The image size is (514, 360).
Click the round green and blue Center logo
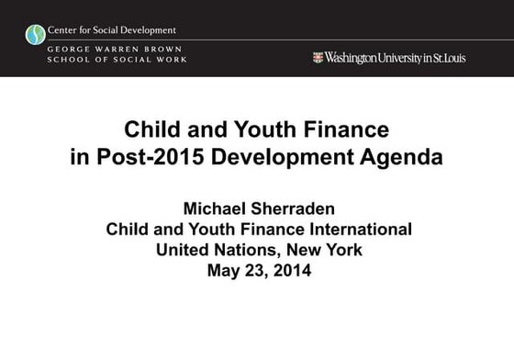click(x=36, y=35)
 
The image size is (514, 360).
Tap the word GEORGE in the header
click(x=72, y=48)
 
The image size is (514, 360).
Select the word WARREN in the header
click(x=118, y=48)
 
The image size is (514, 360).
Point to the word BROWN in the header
click(x=164, y=48)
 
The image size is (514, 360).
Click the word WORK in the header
click(x=172, y=59)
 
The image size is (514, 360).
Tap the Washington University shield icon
click(x=318, y=57)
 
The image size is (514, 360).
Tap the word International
click(x=357, y=229)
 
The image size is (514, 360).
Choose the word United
click(x=187, y=249)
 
